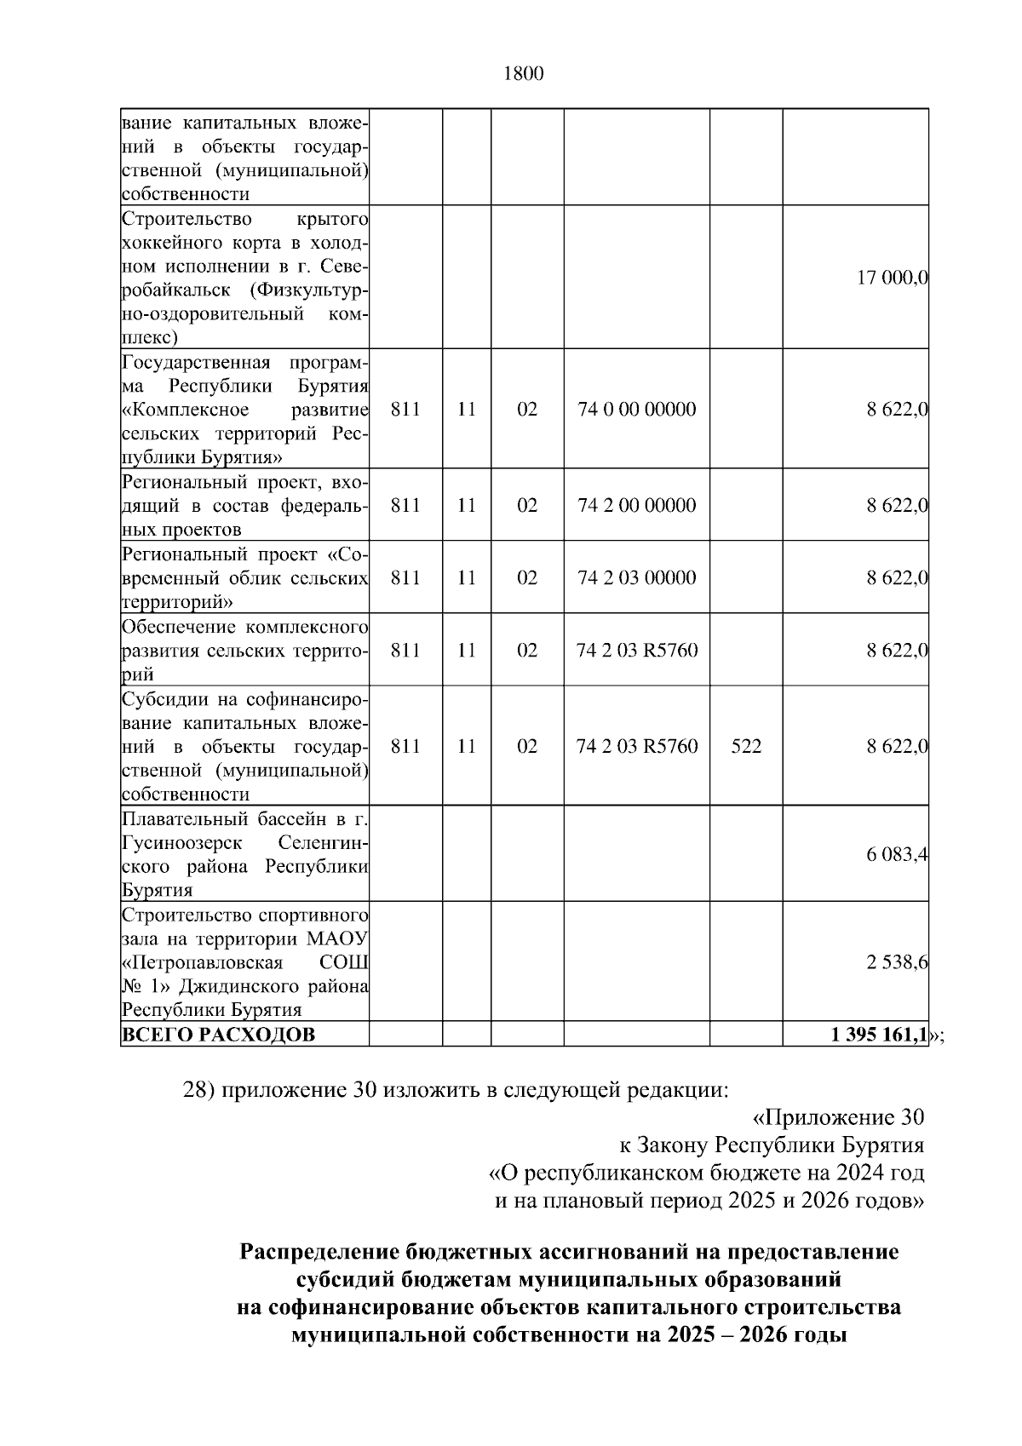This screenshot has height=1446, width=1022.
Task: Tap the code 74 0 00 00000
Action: coord(636,410)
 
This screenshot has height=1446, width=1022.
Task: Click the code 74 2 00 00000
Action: coord(636,506)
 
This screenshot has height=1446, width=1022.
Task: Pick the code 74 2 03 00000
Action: coord(636,578)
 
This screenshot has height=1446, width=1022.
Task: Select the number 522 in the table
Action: coord(746,747)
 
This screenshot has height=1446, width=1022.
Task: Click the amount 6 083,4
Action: coord(897,855)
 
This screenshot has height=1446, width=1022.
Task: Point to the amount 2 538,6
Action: coord(897,962)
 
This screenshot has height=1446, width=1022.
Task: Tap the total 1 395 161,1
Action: coord(878,1036)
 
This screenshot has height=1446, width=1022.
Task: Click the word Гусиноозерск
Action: coord(182,843)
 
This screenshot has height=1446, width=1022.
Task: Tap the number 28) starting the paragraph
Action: coord(199,1090)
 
